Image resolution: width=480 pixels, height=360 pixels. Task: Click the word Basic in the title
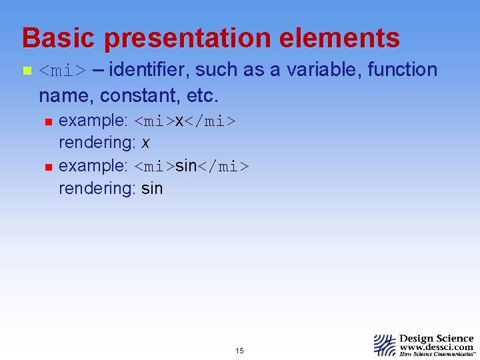pos(59,38)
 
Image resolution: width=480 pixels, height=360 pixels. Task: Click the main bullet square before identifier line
pos(27,70)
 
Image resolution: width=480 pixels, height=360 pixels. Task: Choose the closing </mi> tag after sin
pos(223,165)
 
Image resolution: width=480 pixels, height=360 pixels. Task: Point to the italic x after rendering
pos(145,143)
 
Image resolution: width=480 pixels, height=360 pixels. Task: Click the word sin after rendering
pos(152,189)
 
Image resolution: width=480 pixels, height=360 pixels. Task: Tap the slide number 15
pos(239,351)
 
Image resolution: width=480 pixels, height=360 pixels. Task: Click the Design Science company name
pos(437,339)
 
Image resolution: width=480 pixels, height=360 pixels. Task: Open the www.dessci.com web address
pos(437,347)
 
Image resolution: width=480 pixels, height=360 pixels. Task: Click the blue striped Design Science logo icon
pos(385,345)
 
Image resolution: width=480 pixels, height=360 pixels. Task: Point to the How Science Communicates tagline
pos(437,355)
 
